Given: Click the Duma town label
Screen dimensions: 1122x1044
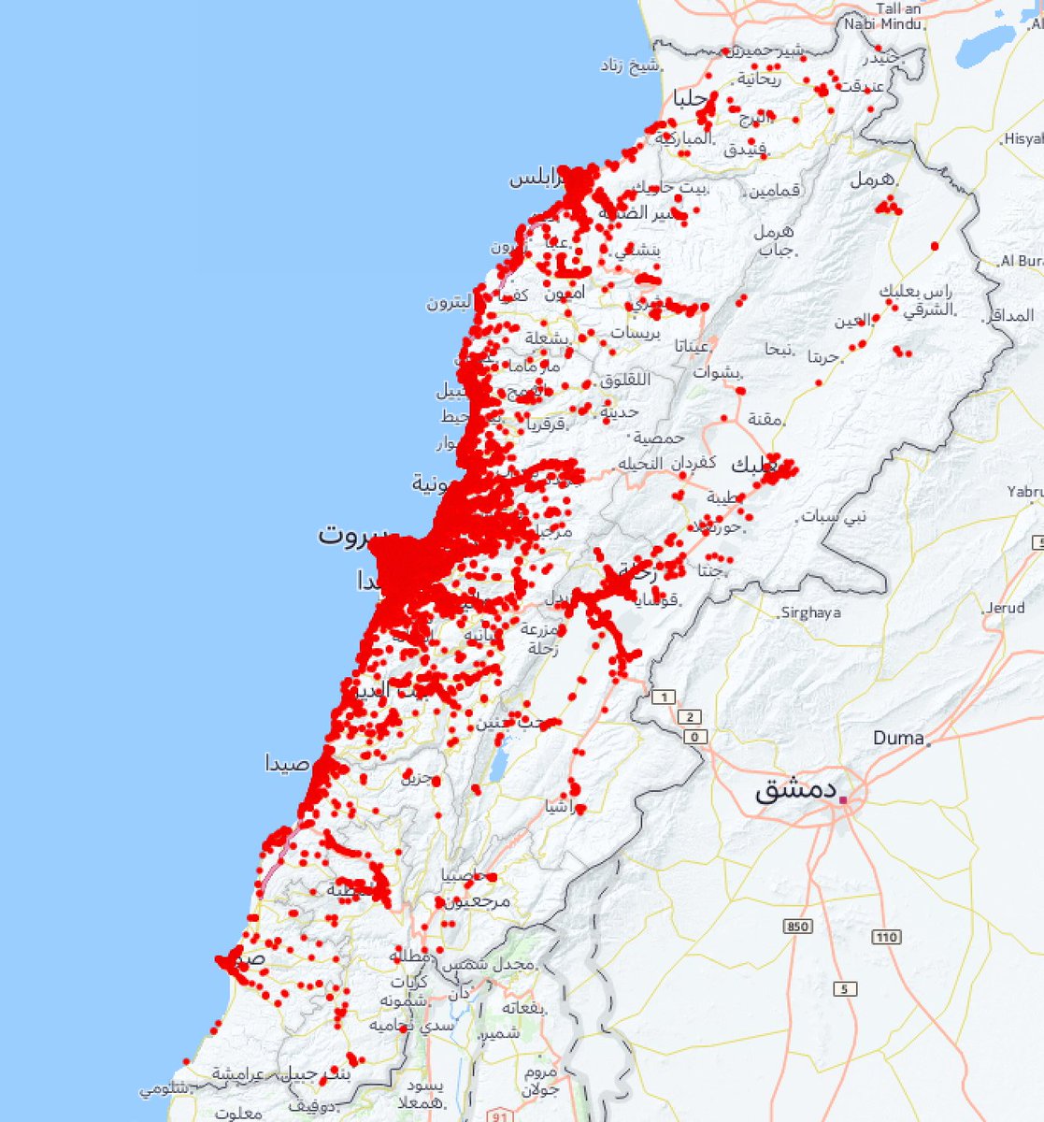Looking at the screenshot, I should click(897, 738).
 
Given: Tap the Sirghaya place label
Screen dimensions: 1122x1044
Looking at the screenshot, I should click(810, 612).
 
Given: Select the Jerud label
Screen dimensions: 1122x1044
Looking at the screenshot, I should click(1005, 608).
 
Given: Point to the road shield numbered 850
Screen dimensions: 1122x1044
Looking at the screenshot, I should click(798, 927).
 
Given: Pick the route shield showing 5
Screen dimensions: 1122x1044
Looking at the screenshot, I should click(845, 989).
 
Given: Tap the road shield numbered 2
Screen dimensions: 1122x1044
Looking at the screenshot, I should click(691, 717).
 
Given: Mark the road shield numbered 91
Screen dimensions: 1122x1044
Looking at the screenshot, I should click(502, 1115).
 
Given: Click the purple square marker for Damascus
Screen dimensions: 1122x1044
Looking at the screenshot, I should click(844, 800).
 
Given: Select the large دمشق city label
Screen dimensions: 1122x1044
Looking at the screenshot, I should click(794, 791).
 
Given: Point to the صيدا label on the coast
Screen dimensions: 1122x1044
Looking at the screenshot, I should click(287, 764).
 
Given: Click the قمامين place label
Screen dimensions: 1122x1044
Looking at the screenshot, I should click(773, 190).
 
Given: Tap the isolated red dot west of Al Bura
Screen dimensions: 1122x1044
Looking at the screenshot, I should click(935, 246).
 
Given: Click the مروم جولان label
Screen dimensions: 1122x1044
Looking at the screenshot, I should click(540, 1080).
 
